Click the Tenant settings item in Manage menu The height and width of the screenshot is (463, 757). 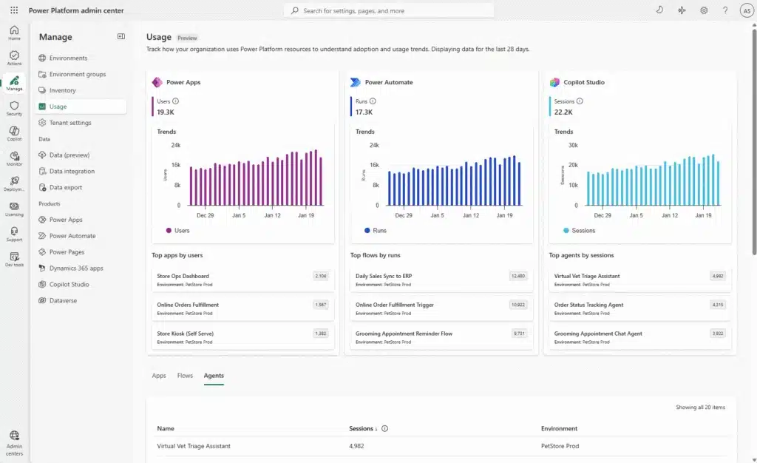(x=70, y=123)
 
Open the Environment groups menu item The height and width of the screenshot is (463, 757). (x=77, y=74)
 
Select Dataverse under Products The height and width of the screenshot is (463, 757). (x=63, y=300)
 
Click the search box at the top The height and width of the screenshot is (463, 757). (x=389, y=11)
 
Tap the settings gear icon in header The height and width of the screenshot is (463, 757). (x=704, y=10)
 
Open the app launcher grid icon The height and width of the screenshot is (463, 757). (x=14, y=10)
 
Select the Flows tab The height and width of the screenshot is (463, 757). (x=185, y=376)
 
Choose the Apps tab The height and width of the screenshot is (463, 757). (x=159, y=376)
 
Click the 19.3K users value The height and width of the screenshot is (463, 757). (x=166, y=112)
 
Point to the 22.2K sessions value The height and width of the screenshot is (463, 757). (x=563, y=112)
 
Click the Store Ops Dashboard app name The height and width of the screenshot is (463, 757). (x=183, y=276)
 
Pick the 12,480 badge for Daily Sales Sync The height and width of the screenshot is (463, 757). (x=518, y=276)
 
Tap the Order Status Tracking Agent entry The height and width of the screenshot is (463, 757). (x=588, y=305)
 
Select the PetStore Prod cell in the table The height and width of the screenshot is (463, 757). (x=560, y=446)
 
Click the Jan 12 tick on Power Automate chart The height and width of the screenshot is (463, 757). (x=471, y=215)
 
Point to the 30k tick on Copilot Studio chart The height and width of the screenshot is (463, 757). (x=573, y=145)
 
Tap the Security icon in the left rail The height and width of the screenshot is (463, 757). (x=14, y=108)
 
